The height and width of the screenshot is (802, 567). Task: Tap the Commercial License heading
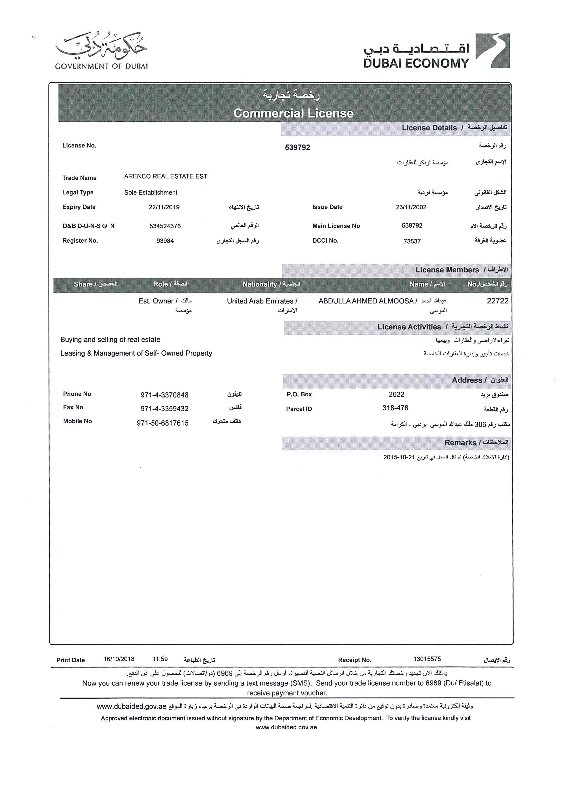pyautogui.click(x=293, y=113)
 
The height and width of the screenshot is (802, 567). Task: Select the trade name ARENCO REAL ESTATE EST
pyautogui.click(x=166, y=176)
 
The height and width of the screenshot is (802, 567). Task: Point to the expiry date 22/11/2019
pyautogui.click(x=164, y=207)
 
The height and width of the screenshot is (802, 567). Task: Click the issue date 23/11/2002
pyautogui.click(x=411, y=207)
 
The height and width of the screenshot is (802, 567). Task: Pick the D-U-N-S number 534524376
pyautogui.click(x=165, y=226)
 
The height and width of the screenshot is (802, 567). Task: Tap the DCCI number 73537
pyautogui.click(x=412, y=241)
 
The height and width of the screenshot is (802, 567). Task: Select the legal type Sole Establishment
pyautogui.click(x=151, y=193)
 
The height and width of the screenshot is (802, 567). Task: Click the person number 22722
pyautogui.click(x=497, y=301)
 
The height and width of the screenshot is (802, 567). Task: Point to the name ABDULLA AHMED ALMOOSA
pyautogui.click(x=366, y=301)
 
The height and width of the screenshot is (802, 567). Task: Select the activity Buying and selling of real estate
pyautogui.click(x=110, y=340)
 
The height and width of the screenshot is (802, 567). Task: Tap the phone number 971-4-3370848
pyautogui.click(x=164, y=395)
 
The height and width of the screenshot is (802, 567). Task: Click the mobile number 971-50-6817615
pyautogui.click(x=163, y=423)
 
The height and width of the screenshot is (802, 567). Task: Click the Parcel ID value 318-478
pyautogui.click(x=395, y=408)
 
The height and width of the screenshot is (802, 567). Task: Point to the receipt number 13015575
pyautogui.click(x=427, y=659)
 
